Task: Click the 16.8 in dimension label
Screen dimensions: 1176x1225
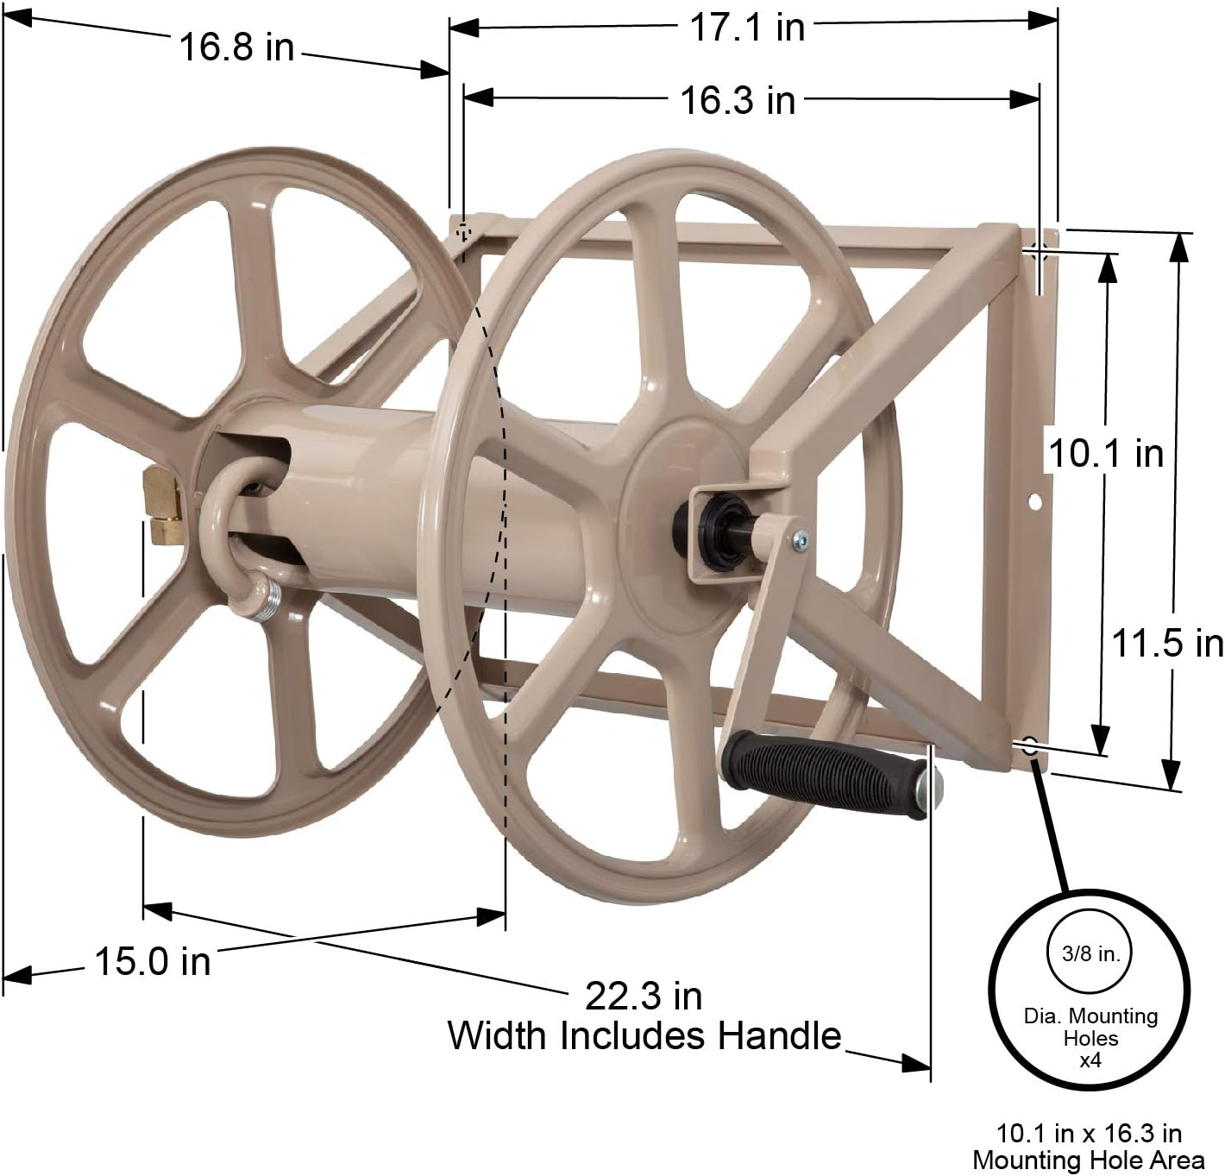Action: point(236,47)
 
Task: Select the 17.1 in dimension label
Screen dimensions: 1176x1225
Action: point(746,28)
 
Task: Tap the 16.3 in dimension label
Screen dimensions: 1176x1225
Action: point(738,100)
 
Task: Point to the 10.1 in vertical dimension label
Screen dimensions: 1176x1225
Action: point(1105,453)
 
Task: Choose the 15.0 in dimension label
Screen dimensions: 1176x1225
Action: point(152,961)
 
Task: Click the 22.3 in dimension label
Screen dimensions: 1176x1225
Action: point(644,997)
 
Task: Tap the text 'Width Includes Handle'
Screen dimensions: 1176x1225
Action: point(644,1035)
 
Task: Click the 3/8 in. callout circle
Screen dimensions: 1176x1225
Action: point(1090,954)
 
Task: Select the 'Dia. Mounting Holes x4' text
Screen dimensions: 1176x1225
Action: point(1090,1037)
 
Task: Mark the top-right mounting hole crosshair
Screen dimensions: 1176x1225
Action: point(1039,252)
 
